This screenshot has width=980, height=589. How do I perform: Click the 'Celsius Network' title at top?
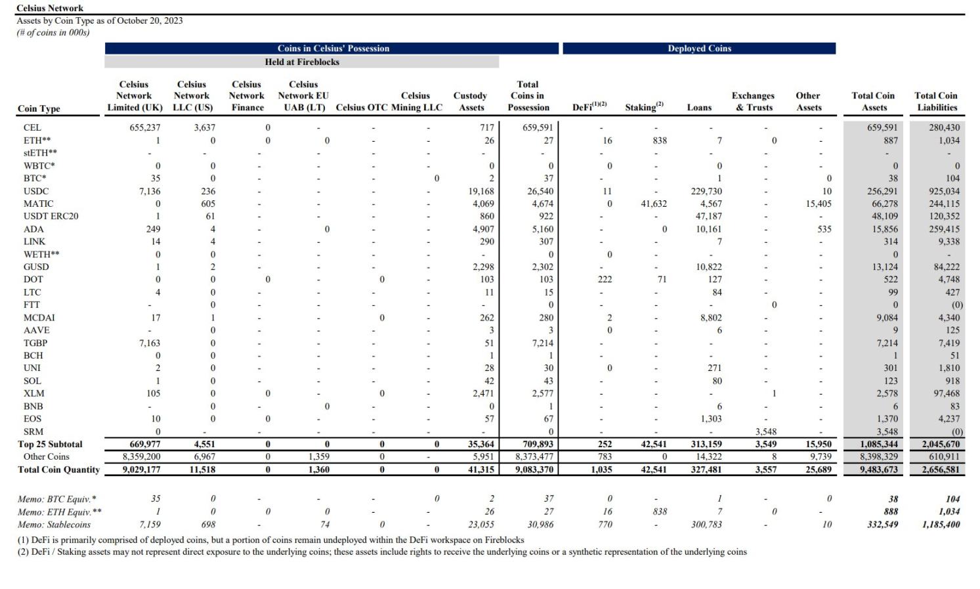[50, 8]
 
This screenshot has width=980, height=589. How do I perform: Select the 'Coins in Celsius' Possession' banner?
[333, 49]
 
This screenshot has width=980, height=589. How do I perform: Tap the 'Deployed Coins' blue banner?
[699, 49]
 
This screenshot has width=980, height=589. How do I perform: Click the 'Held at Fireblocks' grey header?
[302, 62]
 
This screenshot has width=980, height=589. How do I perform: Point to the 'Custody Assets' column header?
[471, 102]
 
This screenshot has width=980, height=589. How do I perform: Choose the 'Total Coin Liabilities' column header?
[937, 102]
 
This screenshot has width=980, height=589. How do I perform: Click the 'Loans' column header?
[699, 108]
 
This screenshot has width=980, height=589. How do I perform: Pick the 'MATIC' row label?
[39, 204]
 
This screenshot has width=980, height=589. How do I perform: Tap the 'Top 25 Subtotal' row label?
[50, 444]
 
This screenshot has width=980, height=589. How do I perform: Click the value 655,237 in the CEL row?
[145, 127]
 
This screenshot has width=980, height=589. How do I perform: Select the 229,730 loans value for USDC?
[706, 191]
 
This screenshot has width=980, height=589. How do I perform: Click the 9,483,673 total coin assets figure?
[879, 469]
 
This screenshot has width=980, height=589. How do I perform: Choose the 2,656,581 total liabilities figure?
[941, 469]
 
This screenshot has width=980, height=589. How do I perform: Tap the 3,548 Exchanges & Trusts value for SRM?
[766, 431]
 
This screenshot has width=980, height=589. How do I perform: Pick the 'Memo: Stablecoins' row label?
[54, 525]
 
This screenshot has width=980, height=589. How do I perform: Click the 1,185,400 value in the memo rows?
[941, 525]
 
